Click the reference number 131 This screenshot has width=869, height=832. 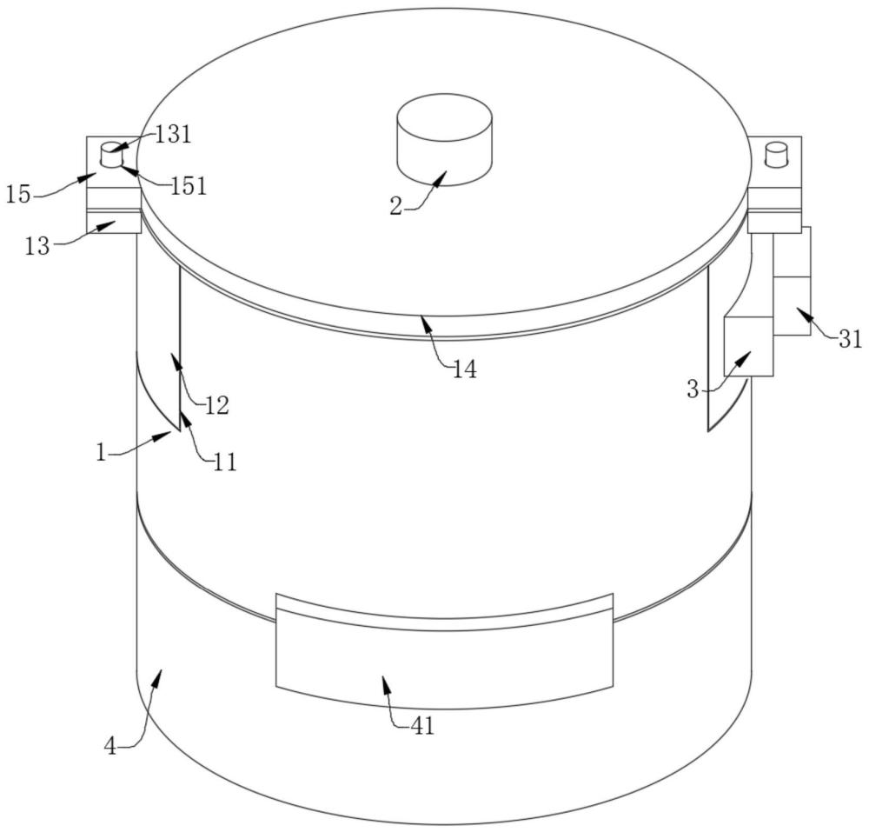(x=173, y=134)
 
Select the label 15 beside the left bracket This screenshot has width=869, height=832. (x=18, y=194)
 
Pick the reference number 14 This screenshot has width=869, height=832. (x=464, y=369)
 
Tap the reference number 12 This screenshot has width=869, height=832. (x=216, y=406)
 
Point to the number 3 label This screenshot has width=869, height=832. (x=693, y=389)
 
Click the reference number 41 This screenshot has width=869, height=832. (x=421, y=725)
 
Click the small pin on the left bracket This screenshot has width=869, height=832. (x=111, y=154)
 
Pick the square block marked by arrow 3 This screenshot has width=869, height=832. (x=748, y=345)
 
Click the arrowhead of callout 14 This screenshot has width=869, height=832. (x=425, y=320)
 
